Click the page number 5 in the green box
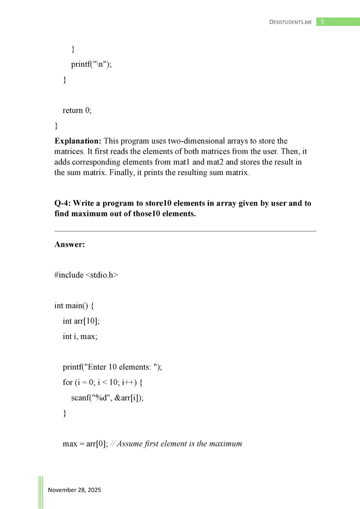322,22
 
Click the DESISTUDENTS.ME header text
291,22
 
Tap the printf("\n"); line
91,64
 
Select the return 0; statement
77,110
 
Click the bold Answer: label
69,245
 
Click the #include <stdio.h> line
86,275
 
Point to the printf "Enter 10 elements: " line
112,367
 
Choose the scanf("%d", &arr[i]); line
107,398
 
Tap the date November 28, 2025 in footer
75,490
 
